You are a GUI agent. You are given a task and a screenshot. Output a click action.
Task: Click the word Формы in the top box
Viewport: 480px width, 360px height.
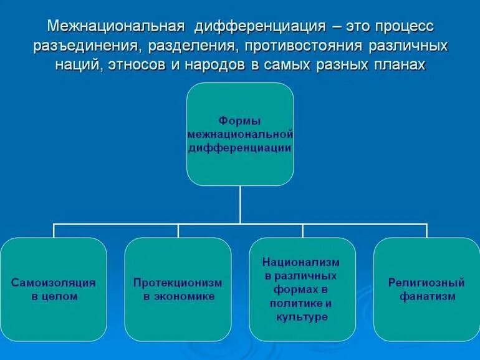[240, 120]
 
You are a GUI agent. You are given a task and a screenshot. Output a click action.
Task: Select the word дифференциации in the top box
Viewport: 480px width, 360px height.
[240, 148]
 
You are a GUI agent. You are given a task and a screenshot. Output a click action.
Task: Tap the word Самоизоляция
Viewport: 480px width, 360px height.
[54, 282]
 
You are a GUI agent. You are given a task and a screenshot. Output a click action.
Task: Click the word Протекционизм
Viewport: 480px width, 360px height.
[178, 282]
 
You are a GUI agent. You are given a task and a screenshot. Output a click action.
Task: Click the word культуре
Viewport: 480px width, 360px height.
[302, 317]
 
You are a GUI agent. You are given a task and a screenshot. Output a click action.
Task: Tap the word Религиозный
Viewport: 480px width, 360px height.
[427, 282]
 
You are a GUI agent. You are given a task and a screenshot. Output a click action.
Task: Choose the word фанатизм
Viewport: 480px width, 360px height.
[427, 296]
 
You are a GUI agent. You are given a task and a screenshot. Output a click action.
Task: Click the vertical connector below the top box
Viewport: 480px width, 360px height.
[240, 205]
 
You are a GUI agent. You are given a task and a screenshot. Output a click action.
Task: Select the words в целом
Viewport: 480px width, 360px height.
[54, 296]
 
